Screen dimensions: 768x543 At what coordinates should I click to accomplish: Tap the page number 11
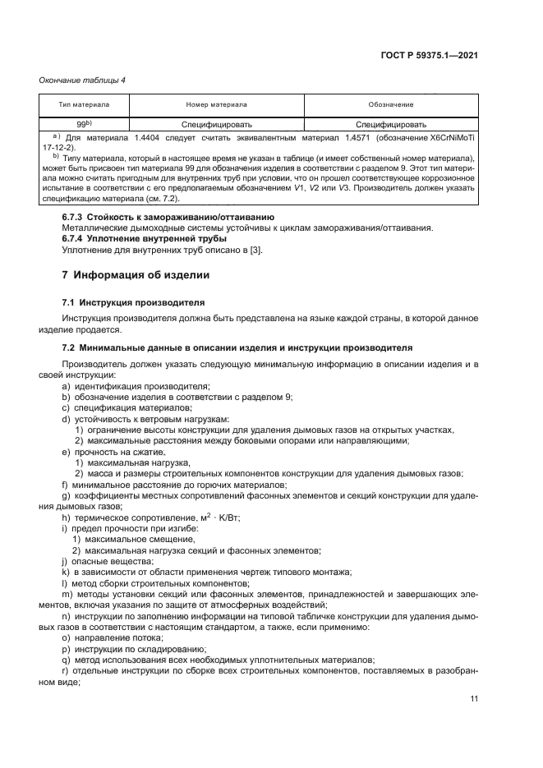tap(474, 698)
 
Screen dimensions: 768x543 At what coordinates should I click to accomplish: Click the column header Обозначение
tap(390, 105)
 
